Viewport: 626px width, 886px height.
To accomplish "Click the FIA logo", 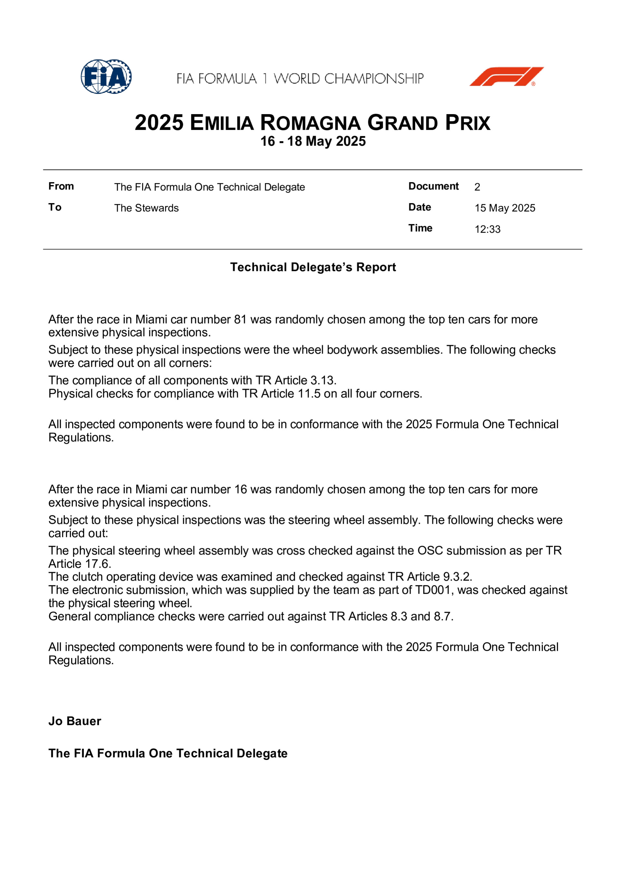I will click(106, 76).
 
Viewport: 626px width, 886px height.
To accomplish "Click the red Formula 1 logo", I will click(506, 76).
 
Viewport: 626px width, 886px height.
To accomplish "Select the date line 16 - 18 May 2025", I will click(313, 141).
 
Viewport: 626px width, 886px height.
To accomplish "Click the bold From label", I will click(61, 186).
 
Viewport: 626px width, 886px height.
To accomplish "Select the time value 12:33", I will click(487, 229).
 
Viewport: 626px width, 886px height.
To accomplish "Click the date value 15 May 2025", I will click(505, 208).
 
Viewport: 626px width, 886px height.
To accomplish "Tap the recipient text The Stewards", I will click(147, 208).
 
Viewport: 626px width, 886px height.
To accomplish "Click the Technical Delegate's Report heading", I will click(313, 267).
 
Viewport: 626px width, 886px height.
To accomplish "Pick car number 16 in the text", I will click(240, 489).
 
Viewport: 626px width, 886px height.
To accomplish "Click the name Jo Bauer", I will click(75, 721).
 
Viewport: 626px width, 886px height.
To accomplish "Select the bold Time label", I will click(420, 228).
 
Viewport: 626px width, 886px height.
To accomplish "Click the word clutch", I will click(88, 577).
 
